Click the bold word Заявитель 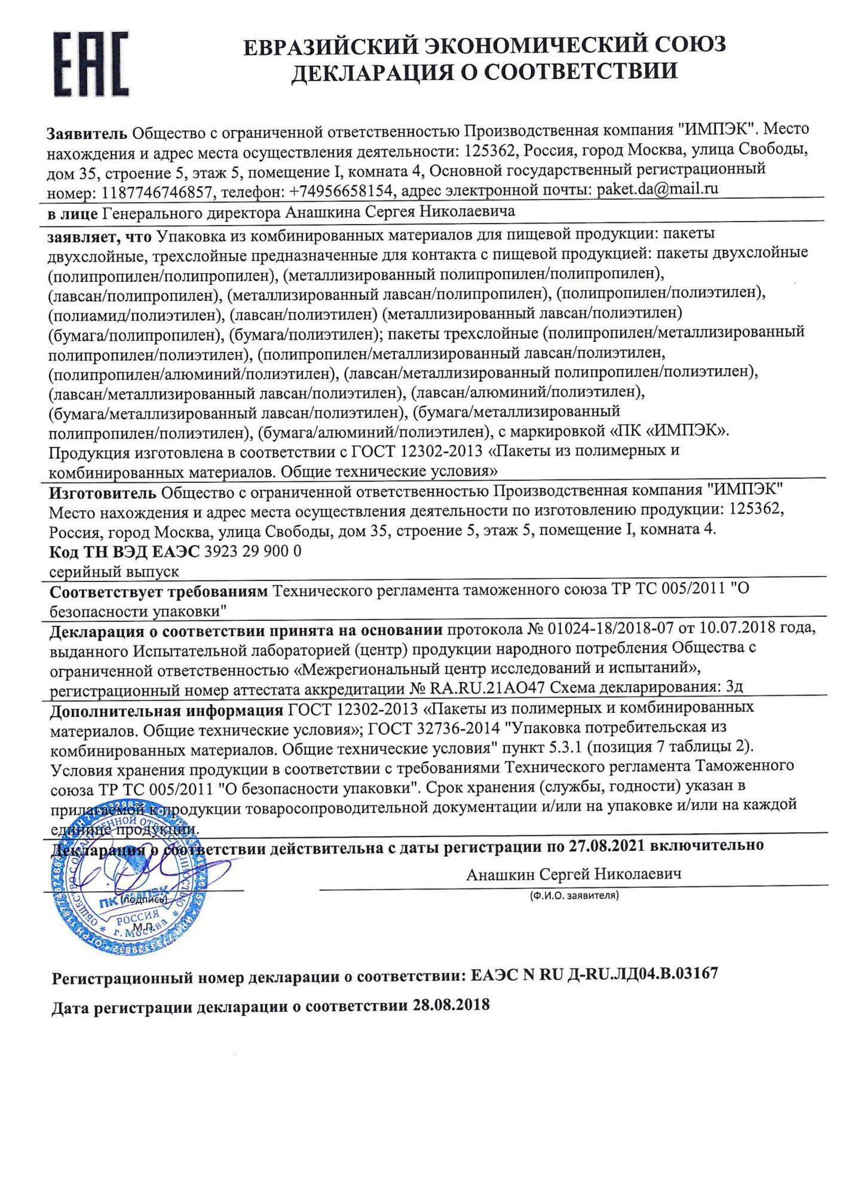(87, 131)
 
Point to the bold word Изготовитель (102, 491)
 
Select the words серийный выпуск (114, 571)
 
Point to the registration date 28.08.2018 (451, 1004)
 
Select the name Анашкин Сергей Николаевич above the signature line (574, 874)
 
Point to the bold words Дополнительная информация (166, 709)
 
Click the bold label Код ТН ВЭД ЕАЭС (124, 551)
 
